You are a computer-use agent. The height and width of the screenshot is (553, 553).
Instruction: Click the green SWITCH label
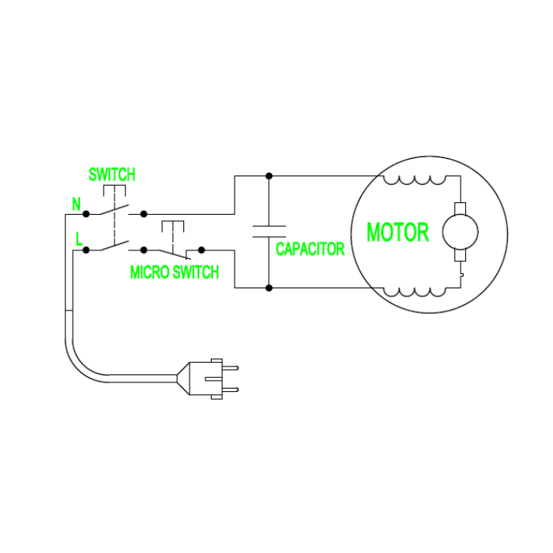(111, 174)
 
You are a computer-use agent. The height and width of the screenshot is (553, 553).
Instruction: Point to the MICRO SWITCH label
(174, 273)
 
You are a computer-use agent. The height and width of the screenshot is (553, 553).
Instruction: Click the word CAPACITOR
(310, 250)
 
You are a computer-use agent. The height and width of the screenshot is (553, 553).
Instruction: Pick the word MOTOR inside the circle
(397, 233)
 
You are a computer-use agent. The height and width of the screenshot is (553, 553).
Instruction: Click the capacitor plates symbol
(269, 231)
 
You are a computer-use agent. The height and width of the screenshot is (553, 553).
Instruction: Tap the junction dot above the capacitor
(269, 175)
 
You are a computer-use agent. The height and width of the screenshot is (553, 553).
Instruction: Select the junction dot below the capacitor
(269, 288)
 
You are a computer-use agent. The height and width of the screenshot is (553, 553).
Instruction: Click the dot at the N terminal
(86, 213)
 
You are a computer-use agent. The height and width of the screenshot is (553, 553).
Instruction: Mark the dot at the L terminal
(86, 250)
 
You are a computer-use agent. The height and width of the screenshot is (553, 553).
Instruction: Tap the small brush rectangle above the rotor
(460, 209)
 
